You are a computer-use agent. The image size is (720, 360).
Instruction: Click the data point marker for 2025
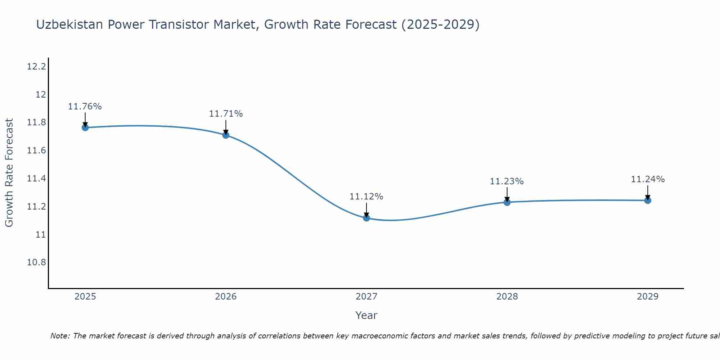85,127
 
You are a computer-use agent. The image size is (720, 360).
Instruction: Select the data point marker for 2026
226,135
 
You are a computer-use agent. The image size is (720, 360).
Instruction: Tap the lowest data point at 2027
366,218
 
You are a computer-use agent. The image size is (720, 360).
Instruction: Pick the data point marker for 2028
507,202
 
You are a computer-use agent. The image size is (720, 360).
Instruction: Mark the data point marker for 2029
648,201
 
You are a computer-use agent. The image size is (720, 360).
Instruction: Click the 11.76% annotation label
85,107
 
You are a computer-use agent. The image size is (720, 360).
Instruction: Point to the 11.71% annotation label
226,114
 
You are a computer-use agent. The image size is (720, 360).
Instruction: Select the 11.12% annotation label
366,197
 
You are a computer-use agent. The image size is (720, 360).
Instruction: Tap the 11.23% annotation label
507,181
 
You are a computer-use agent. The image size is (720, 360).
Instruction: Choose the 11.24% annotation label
648,179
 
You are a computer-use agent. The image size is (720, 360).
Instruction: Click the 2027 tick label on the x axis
366,297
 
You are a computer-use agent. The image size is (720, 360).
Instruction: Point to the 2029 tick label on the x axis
648,297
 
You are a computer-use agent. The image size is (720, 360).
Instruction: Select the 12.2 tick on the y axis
36,67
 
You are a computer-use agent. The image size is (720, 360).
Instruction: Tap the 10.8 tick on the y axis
36,262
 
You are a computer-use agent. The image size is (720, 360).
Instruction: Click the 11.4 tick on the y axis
36,179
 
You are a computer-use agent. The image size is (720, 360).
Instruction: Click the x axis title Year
366,315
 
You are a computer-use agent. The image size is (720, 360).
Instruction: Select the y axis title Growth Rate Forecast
9,173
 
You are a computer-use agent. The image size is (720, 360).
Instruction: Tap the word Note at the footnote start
60,336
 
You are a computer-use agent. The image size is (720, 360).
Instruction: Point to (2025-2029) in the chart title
440,25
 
